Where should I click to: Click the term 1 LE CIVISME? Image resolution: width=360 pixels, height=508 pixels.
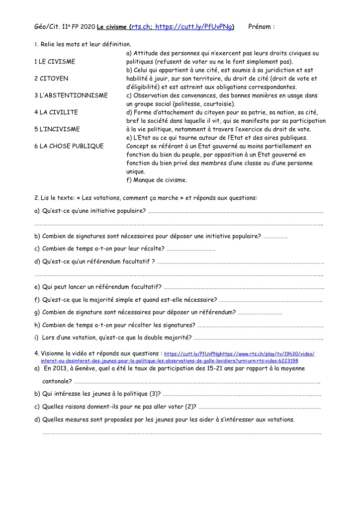[55, 62]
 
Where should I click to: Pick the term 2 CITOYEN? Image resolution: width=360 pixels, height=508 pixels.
[51, 79]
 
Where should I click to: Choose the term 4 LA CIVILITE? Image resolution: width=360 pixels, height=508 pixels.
[56, 112]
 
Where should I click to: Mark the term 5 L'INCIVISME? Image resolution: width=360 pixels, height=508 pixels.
[57, 129]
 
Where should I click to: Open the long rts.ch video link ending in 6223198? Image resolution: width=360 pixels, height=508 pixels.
[169, 360]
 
